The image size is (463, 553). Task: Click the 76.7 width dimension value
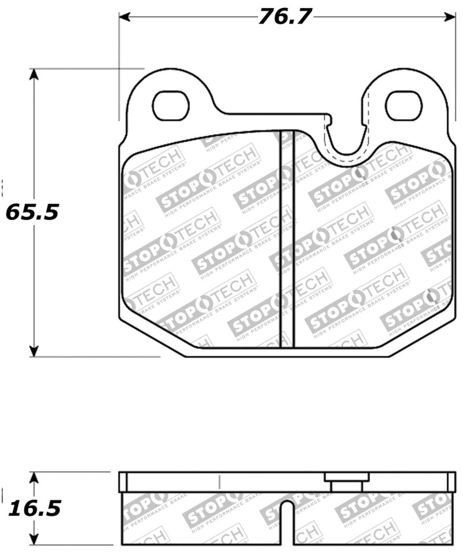tap(285, 17)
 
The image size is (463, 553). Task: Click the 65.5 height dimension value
tap(32, 213)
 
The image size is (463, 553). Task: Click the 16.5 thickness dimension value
tap(34, 508)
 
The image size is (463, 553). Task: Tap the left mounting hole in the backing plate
tap(171, 106)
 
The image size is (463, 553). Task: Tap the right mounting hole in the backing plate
tap(403, 106)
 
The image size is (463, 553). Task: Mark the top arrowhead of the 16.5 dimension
tap(34, 477)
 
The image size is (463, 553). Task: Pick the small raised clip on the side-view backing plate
tap(347, 481)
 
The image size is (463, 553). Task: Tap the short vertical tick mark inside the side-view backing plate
tap(220, 482)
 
